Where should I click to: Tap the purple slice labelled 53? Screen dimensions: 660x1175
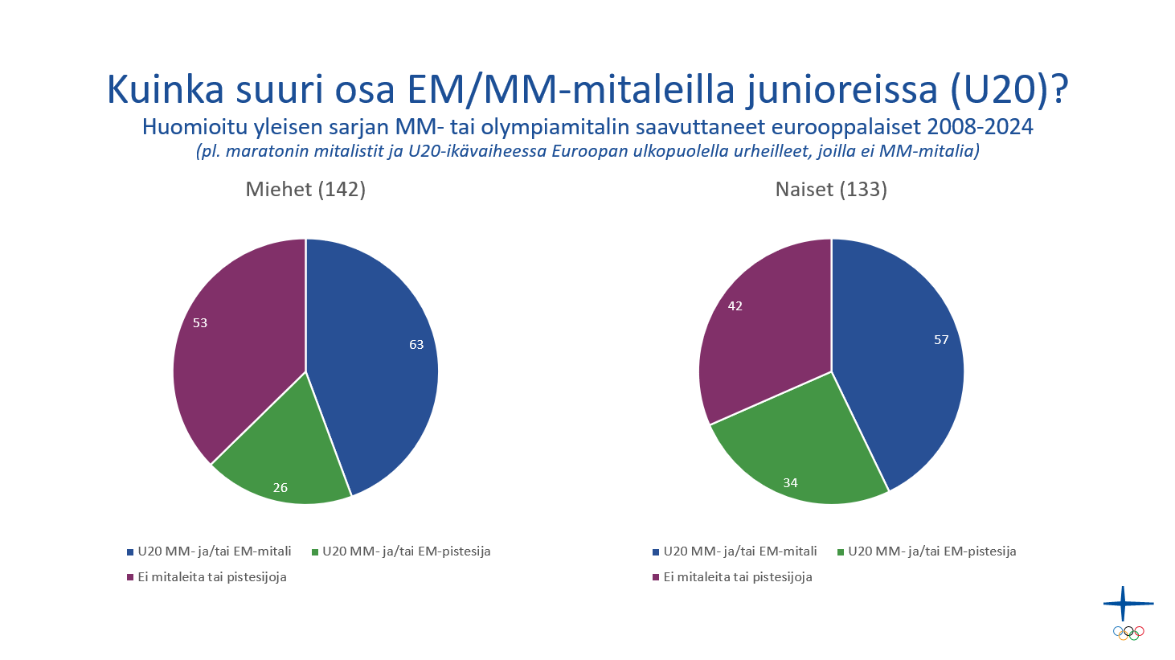(x=233, y=338)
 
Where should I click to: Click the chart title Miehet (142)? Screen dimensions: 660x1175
(x=305, y=190)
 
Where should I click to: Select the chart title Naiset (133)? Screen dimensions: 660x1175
(x=831, y=190)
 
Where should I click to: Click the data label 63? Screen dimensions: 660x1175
(x=416, y=345)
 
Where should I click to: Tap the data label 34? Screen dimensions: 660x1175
(x=790, y=483)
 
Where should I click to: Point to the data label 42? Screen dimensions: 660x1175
(x=735, y=306)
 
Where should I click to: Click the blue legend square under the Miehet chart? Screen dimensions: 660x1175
(x=130, y=552)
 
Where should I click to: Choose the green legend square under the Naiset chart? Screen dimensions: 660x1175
(x=841, y=552)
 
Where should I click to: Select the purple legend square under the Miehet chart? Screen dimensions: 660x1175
(x=130, y=577)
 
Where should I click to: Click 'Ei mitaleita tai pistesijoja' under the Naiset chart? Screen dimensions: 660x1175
(x=737, y=577)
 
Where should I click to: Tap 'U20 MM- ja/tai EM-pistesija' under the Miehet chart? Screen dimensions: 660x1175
(x=406, y=551)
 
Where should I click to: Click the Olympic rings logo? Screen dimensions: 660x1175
(x=1128, y=633)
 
